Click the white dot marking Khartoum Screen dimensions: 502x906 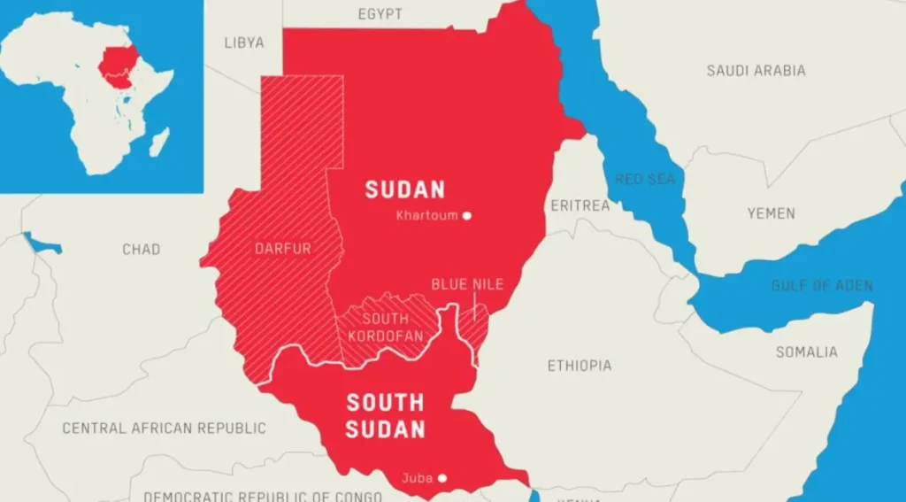[x=467, y=215]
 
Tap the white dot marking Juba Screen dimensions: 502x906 [x=442, y=478]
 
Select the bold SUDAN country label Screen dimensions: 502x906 [x=405, y=189]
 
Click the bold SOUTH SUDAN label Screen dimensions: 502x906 [x=385, y=416]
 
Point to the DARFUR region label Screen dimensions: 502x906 [x=284, y=249]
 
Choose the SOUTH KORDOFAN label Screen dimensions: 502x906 [x=385, y=328]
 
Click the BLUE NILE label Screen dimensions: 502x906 [x=467, y=284]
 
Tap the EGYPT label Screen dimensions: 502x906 [x=380, y=14]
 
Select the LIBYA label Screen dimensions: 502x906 [x=244, y=42]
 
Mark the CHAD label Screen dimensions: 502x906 [x=142, y=249]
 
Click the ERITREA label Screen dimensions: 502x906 [x=580, y=205]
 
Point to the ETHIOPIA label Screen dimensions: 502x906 [x=580, y=366]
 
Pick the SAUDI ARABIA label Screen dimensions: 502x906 [x=756, y=70]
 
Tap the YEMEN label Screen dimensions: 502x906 [x=771, y=213]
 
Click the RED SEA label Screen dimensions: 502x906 [x=645, y=180]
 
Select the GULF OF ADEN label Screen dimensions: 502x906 [x=822, y=285]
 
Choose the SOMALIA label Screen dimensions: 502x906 [x=806, y=351]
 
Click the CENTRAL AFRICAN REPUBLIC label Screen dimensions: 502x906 [x=164, y=428]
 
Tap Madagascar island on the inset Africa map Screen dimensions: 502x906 [x=158, y=141]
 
